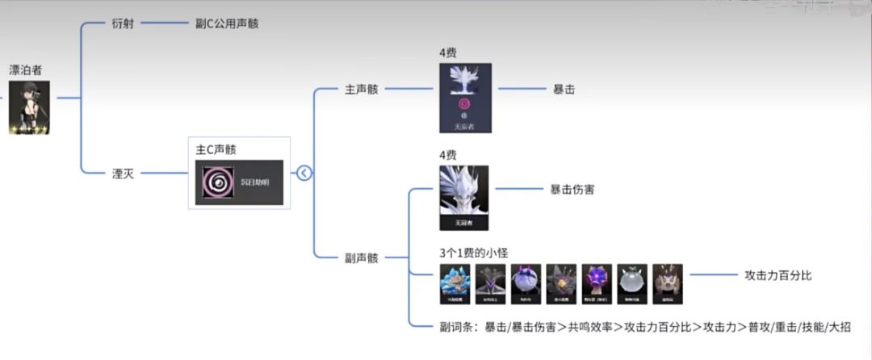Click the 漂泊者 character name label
tap(25, 70)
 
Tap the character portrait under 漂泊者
tap(29, 107)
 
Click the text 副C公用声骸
tap(227, 24)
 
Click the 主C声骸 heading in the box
tap(216, 149)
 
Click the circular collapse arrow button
tap(304, 173)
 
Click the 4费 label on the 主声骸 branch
tap(449, 53)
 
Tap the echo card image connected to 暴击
tap(465, 98)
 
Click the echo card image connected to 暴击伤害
tap(463, 198)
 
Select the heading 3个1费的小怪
tap(474, 253)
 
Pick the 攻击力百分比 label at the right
tap(778, 275)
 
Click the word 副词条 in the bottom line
tap(456, 327)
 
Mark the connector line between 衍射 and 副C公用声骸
tap(165, 24)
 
